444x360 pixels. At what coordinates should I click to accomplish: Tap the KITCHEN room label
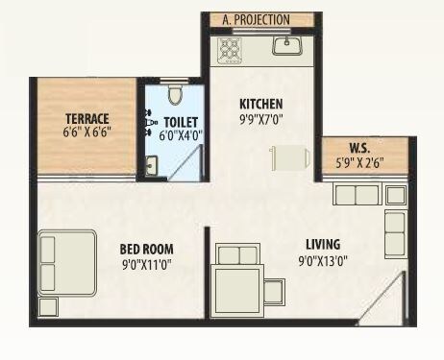[260, 104]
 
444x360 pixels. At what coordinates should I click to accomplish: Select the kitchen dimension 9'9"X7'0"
[261, 119]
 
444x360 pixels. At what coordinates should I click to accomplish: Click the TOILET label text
[181, 122]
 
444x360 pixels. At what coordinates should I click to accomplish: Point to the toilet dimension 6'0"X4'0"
[181, 136]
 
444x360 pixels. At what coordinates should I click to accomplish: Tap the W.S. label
[360, 148]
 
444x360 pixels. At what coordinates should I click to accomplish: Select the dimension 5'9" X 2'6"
[360, 162]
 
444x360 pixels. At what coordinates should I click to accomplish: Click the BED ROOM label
[146, 247]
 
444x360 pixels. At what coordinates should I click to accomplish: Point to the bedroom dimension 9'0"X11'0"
[146, 261]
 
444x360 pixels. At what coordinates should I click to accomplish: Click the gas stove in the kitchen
[231, 49]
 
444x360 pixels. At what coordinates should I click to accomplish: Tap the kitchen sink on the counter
[287, 46]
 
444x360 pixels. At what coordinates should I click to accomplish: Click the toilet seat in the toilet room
[173, 95]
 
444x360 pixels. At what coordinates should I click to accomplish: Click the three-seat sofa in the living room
[356, 195]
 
